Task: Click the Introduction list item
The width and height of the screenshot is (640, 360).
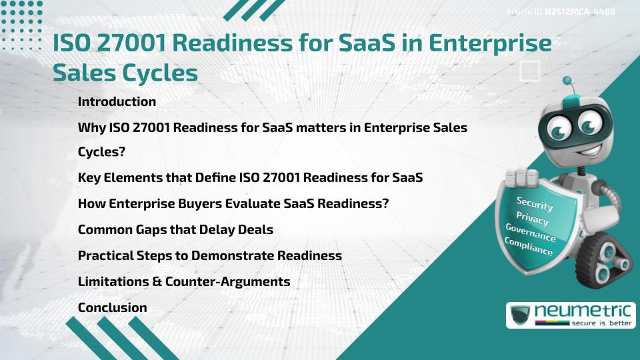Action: tap(117, 102)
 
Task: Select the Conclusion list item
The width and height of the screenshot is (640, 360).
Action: tap(112, 307)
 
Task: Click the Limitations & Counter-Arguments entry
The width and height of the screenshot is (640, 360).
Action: tap(184, 281)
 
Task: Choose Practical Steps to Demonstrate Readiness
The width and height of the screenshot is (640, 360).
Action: tap(209, 256)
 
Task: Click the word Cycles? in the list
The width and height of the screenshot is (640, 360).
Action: tap(102, 153)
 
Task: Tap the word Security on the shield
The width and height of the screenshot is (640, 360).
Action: tap(535, 203)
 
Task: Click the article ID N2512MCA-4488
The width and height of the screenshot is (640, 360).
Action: tap(579, 11)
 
